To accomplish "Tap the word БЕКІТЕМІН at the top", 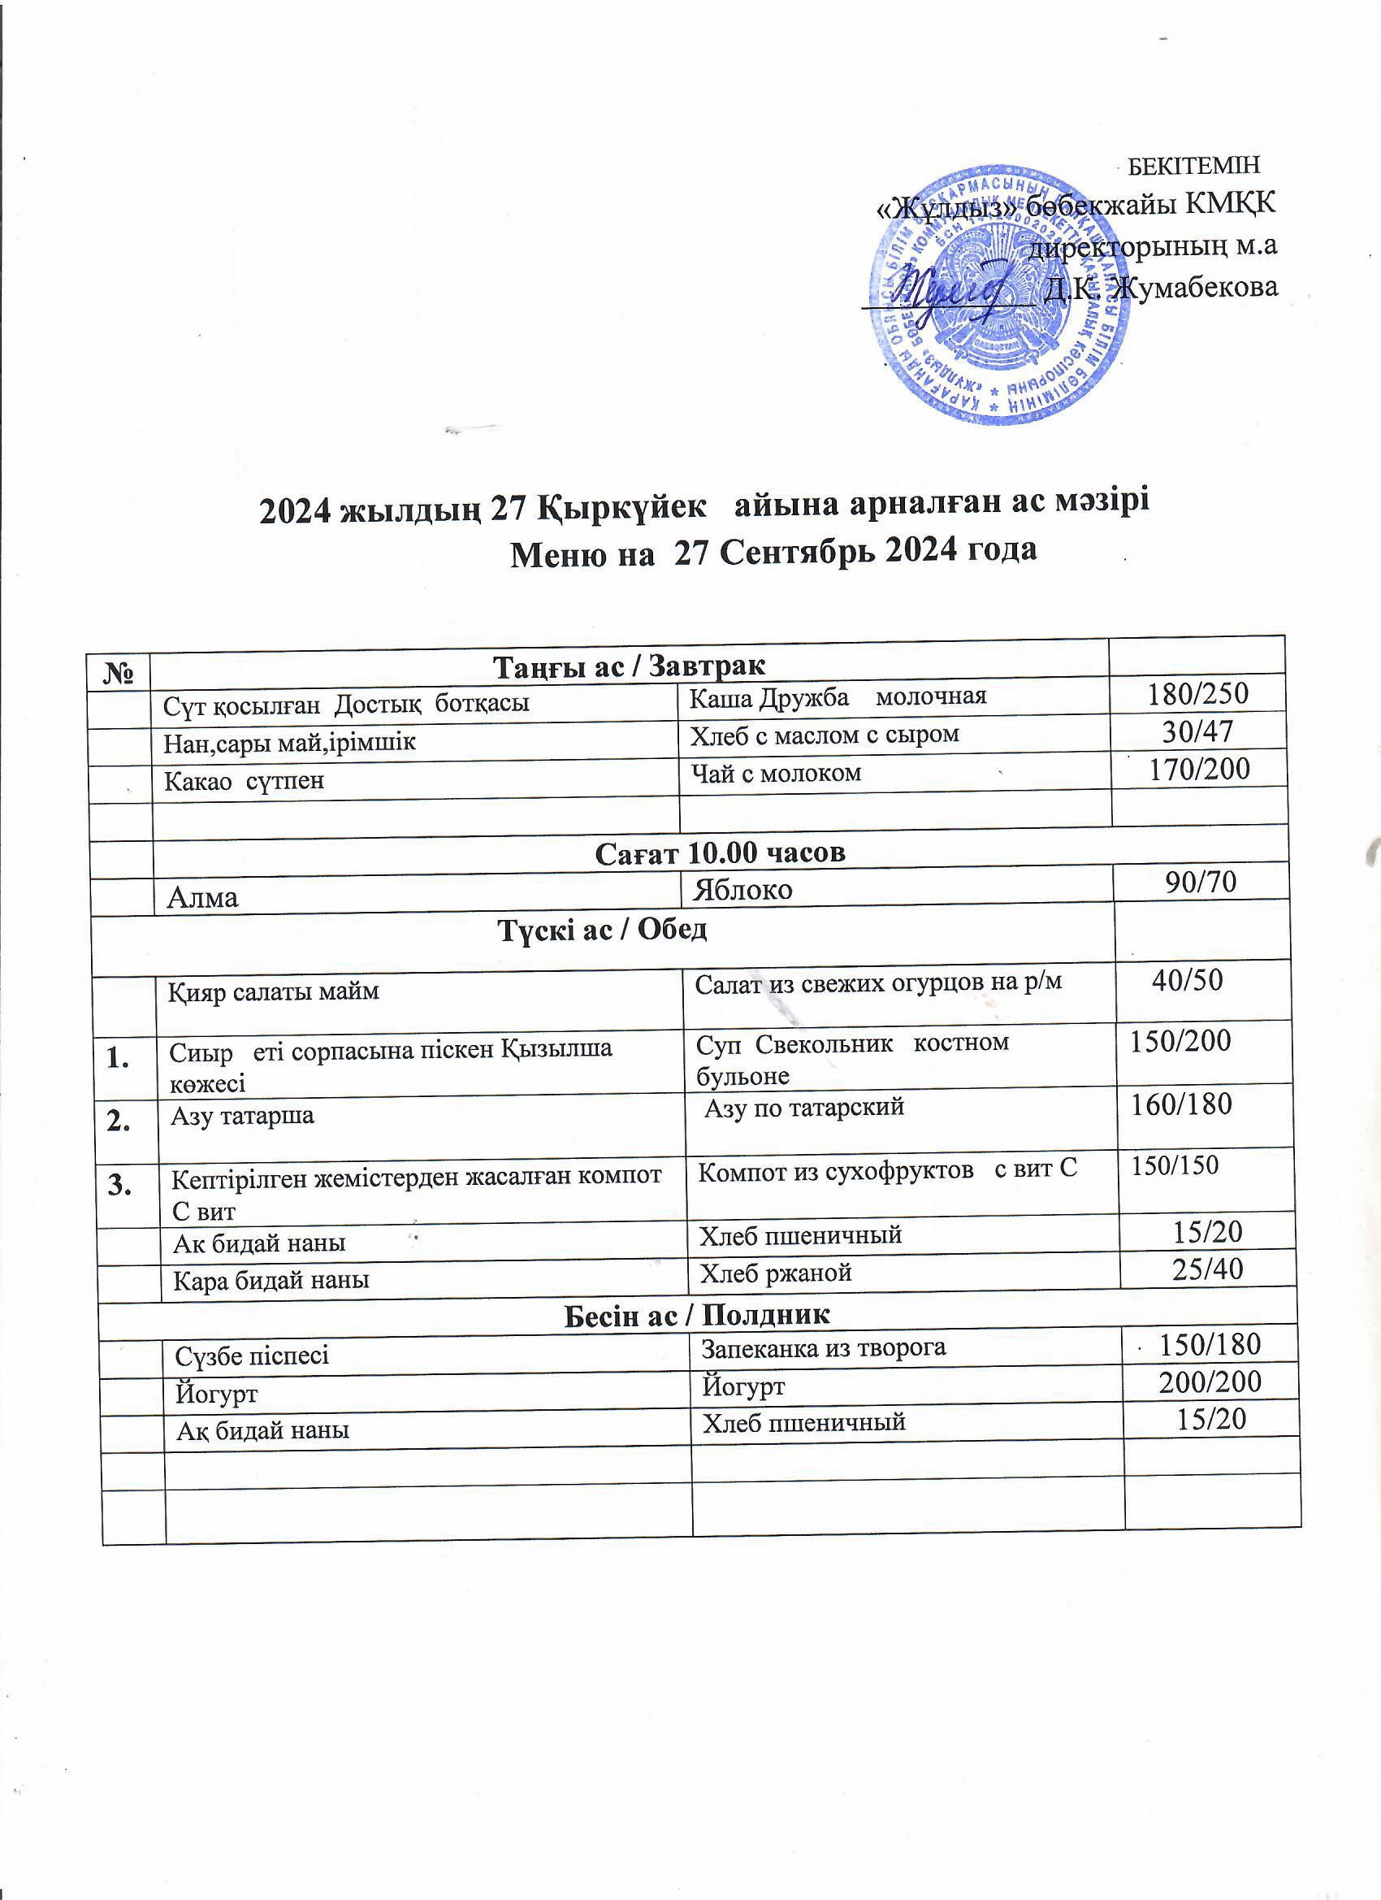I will (1195, 165).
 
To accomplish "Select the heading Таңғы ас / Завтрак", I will (630, 666).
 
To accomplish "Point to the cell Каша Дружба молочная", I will (838, 696).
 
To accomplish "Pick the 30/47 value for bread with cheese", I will (1198, 732).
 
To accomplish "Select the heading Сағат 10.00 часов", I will (721, 852).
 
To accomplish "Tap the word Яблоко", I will (742, 890).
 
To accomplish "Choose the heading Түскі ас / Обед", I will (603, 929).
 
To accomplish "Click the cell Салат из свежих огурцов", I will (878, 981).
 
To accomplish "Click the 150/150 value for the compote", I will (1175, 1165).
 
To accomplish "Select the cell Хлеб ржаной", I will (776, 1273).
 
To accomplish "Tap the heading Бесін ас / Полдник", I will (697, 1314).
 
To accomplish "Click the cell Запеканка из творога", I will (823, 1347).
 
